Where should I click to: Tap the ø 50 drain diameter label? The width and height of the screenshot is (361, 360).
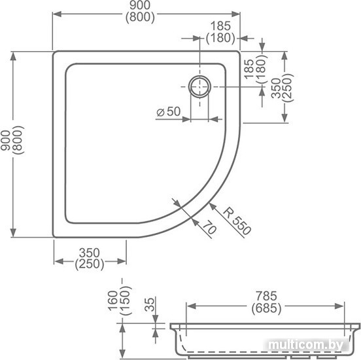[169, 111]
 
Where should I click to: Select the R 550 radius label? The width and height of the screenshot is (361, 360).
[237, 221]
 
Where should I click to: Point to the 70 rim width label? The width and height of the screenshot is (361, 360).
[210, 227]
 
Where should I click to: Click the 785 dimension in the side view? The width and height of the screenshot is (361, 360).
[266, 296]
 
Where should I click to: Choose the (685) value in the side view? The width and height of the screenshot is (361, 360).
[266, 308]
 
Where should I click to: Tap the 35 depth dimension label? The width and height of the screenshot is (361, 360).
[150, 304]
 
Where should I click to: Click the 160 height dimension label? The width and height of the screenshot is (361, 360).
[113, 301]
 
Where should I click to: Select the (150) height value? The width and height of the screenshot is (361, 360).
[126, 301]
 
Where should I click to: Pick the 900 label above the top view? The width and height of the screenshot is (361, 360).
[140, 5]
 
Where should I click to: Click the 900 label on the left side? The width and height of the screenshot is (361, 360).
[5, 140]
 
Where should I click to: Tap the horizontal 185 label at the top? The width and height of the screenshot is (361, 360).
[220, 26]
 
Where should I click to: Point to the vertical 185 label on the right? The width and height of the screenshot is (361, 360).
[249, 69]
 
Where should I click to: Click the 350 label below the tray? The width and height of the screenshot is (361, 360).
[90, 253]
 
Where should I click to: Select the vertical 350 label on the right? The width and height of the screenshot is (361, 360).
[276, 88]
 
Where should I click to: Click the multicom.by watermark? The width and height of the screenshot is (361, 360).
[306, 345]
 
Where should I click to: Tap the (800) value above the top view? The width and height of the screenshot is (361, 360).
[140, 17]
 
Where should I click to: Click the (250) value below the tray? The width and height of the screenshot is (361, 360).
[90, 264]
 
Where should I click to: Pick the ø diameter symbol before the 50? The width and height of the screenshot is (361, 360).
[160, 113]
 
